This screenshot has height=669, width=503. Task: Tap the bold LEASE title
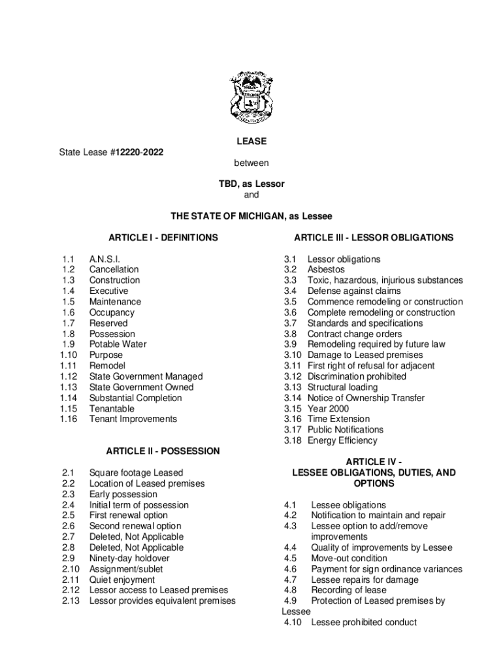pyautogui.click(x=252, y=141)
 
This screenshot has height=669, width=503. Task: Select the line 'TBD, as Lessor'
pyautogui.click(x=252, y=184)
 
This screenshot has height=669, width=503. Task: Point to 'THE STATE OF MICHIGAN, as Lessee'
pyautogui.click(x=252, y=216)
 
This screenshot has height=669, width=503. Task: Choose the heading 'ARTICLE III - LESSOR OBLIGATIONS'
pyautogui.click(x=374, y=238)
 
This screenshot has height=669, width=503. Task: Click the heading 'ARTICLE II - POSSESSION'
pyautogui.click(x=163, y=451)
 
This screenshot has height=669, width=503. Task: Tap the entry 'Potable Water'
pyautogui.click(x=118, y=344)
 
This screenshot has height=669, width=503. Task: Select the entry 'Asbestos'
pyautogui.click(x=326, y=270)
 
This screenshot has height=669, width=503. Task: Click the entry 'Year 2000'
pyautogui.click(x=328, y=408)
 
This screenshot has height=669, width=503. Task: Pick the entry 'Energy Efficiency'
pyautogui.click(x=342, y=440)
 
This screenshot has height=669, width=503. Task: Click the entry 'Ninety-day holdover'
pyautogui.click(x=129, y=558)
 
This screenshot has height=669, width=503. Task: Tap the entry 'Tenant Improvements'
pyautogui.click(x=133, y=419)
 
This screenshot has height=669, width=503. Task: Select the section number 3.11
pyautogui.click(x=292, y=366)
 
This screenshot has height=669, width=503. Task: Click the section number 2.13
pyautogui.click(x=71, y=600)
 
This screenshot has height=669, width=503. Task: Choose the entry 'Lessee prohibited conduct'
pyautogui.click(x=364, y=622)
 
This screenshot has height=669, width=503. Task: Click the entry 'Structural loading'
pyautogui.click(x=342, y=387)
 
